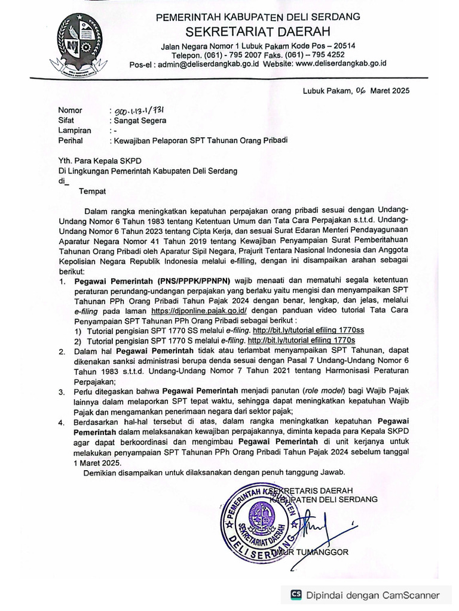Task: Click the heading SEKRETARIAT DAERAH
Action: (258, 31)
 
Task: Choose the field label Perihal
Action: (71, 141)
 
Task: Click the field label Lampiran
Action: (75, 130)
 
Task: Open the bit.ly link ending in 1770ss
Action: (308, 330)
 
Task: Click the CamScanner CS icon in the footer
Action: (296, 594)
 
